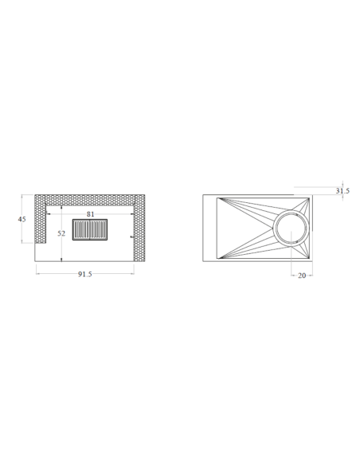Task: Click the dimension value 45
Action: tap(22, 219)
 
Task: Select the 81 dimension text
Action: tap(91, 214)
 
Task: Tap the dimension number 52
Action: tap(61, 233)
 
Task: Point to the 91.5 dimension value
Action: tap(85, 275)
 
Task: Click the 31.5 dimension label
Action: tap(342, 190)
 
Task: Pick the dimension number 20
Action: tap(302, 275)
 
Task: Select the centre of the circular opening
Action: tap(292, 228)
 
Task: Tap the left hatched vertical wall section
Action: tap(41, 219)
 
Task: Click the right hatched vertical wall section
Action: tap(139, 228)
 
